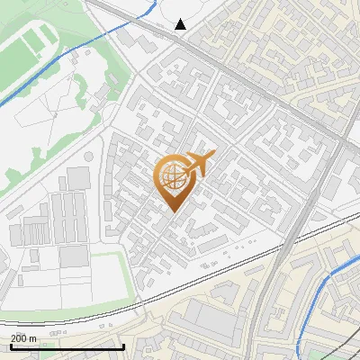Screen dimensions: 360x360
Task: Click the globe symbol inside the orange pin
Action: point(173,177)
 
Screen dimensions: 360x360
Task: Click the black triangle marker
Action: point(182,25)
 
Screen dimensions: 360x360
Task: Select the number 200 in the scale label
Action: point(17,338)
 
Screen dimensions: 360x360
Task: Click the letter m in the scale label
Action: point(32,338)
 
